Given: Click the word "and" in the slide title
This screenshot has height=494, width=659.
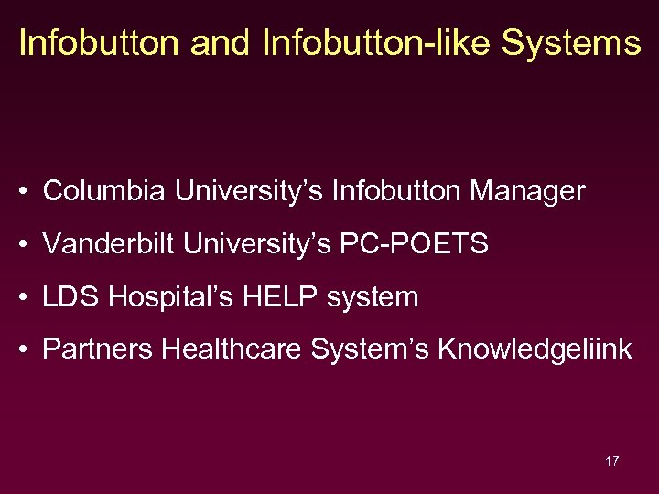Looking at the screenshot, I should click(x=218, y=43).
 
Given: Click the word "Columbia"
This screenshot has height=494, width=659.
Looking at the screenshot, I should click(x=104, y=191).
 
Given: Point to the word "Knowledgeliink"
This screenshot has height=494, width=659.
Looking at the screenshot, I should click(x=535, y=349).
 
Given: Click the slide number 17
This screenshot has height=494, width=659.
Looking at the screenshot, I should click(x=611, y=461).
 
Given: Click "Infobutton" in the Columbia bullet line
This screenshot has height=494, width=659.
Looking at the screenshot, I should click(x=397, y=191).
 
